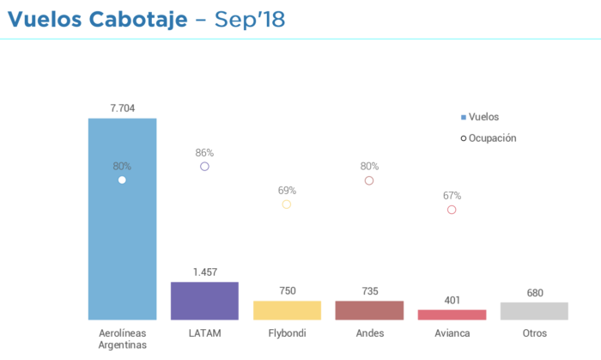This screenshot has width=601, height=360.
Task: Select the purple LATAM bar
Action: [204, 301]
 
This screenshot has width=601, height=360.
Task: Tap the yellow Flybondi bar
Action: [287, 310]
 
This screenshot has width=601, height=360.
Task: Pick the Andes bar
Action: [369, 310]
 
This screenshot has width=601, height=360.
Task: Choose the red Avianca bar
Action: [452, 314]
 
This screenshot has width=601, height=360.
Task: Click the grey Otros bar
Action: [534, 311]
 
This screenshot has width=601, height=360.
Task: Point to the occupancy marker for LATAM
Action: [204, 167]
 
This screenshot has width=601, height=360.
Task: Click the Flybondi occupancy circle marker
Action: [287, 204]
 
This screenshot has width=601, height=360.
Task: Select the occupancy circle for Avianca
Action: [452, 210]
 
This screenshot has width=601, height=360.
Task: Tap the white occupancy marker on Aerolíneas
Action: [122, 180]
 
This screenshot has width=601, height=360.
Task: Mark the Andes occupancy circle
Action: [369, 180]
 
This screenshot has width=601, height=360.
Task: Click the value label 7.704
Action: [122, 108]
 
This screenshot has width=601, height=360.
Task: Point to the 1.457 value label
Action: [204, 272]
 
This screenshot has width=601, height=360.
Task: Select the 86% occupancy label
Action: [204, 152]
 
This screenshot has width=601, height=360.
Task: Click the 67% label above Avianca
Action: [452, 195]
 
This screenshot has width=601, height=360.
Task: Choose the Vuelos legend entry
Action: [480, 116]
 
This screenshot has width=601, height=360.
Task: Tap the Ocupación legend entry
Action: [489, 137]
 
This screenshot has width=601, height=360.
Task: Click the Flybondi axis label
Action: [287, 333]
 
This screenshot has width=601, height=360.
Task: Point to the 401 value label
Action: [452, 301]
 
